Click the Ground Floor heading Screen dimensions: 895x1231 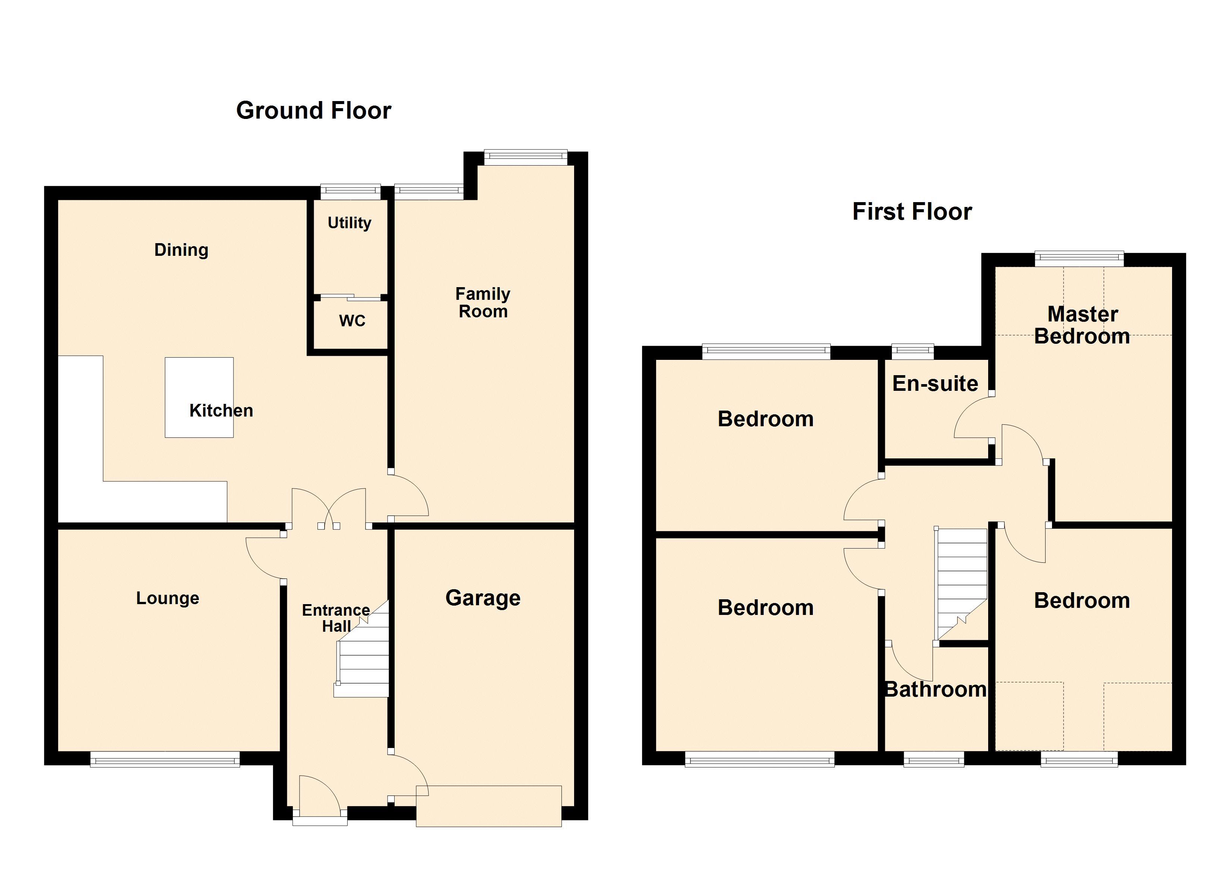(x=313, y=111)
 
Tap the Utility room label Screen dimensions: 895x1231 (x=349, y=223)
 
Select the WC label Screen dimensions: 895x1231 (x=352, y=321)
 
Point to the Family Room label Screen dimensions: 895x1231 (x=483, y=303)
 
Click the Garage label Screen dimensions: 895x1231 (x=483, y=598)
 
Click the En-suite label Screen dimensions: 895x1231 (x=935, y=384)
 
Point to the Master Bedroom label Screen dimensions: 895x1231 (x=1082, y=325)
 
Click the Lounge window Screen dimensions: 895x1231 (x=165, y=759)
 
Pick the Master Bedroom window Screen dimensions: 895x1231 (x=1079, y=259)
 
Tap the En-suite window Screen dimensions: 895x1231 (x=912, y=352)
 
